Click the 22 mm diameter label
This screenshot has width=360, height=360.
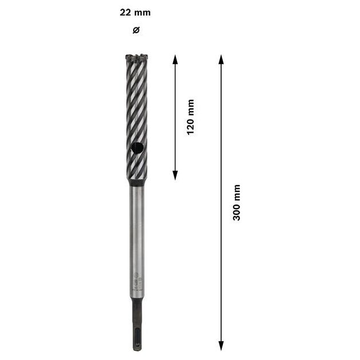click(135, 13)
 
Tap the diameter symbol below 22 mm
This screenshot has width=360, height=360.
click(136, 30)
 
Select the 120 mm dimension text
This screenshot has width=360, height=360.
click(190, 117)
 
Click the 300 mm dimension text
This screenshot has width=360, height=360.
click(237, 202)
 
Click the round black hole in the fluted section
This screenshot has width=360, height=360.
click(137, 148)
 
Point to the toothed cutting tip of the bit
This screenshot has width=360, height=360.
click(137, 58)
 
